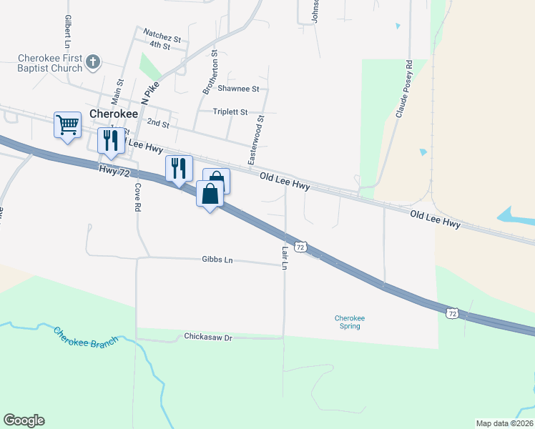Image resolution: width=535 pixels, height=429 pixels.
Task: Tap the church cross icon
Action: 92,63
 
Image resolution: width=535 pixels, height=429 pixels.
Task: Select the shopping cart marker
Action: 67,125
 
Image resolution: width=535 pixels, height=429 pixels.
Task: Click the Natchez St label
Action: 162,33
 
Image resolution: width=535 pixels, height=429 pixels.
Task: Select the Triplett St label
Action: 230,112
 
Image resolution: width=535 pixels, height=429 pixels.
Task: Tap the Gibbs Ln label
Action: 218,260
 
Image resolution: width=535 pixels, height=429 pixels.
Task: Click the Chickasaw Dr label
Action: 209,336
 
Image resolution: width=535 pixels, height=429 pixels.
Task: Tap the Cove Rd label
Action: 136,196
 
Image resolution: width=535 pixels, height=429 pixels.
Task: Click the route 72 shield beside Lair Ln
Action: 301,247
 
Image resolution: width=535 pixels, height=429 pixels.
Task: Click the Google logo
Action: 24,420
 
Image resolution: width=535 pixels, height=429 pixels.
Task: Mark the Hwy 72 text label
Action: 114,169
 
